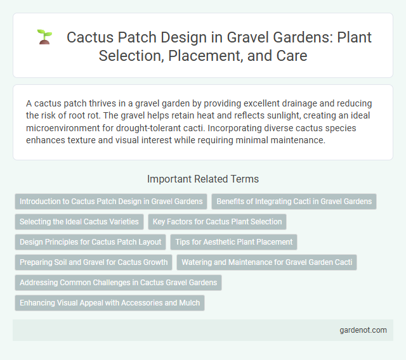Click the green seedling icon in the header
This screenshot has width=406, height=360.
(44, 37)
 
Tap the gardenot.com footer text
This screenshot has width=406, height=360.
(362, 330)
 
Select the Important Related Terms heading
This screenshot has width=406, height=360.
(202, 179)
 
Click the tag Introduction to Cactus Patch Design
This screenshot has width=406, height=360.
(111, 202)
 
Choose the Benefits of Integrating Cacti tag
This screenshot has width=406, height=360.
(294, 202)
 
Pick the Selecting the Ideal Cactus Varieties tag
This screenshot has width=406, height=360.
(79, 222)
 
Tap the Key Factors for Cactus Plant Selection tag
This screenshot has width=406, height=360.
(217, 222)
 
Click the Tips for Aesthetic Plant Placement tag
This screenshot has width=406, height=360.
(233, 242)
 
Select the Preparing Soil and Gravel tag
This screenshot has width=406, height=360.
(93, 262)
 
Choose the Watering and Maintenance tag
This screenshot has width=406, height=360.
(268, 262)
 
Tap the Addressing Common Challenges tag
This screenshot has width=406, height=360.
(118, 283)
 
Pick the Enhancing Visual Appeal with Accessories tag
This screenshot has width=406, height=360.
(110, 303)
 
